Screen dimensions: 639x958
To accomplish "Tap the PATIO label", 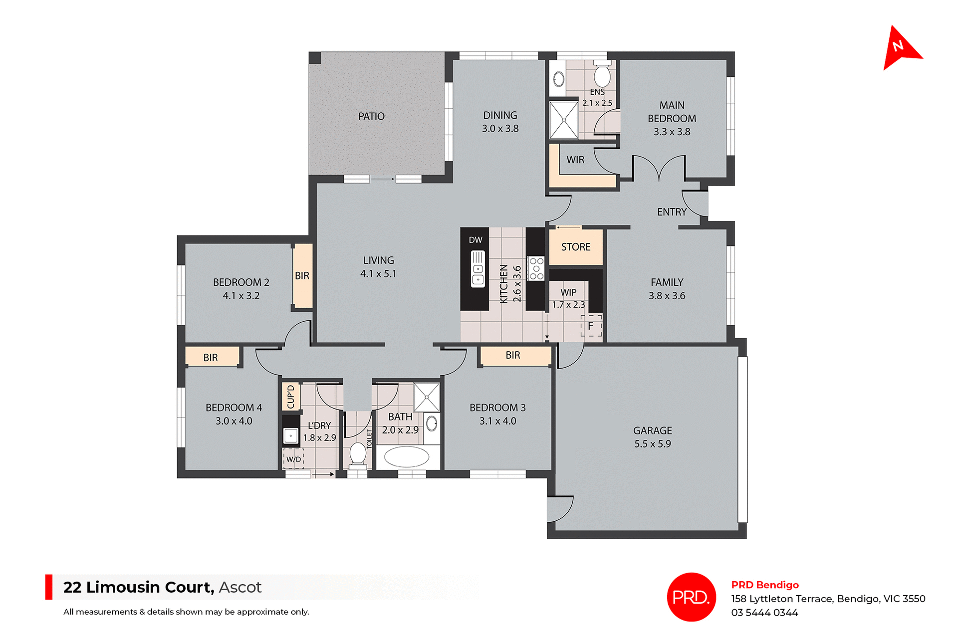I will click(x=371, y=116).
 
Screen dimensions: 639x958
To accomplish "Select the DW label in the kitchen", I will click(x=476, y=240).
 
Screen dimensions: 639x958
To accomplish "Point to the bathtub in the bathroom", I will click(x=407, y=456).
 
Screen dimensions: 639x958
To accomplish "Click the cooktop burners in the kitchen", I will click(x=536, y=269).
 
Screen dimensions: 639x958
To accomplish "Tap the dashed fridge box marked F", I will click(x=591, y=326).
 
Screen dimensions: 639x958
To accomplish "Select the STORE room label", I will click(x=576, y=247).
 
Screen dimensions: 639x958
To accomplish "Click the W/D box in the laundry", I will click(x=293, y=459).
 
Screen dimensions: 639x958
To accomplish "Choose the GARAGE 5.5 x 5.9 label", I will click(x=652, y=437).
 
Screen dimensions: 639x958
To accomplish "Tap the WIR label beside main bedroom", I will click(x=575, y=160).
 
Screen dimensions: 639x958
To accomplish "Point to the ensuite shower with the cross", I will click(x=564, y=120).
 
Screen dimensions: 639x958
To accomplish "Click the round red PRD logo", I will click(x=691, y=597).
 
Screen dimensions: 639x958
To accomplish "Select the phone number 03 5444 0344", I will click(x=764, y=613).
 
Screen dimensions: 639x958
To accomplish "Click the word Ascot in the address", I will click(x=240, y=587).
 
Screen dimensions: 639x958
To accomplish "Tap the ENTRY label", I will click(x=672, y=212).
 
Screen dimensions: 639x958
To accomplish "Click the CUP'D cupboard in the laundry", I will click(x=291, y=396).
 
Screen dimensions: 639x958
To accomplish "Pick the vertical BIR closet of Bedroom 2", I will click(x=302, y=275).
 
